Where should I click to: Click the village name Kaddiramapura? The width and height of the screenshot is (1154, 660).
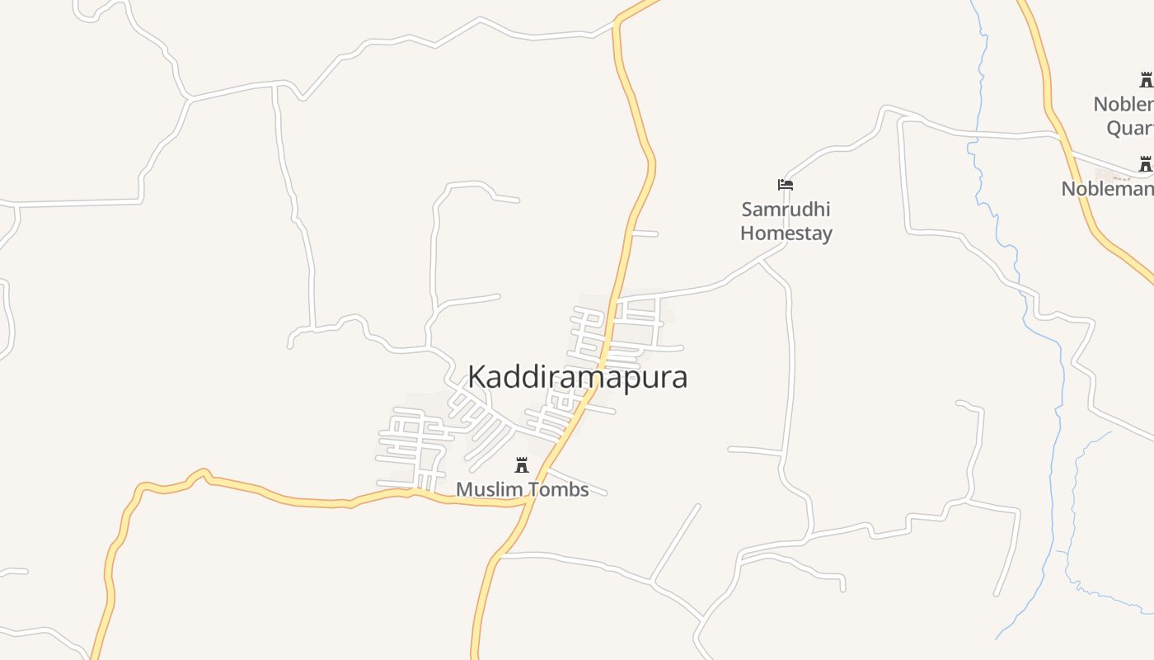click(x=577, y=377)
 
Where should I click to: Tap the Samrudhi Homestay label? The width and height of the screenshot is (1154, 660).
click(x=786, y=221)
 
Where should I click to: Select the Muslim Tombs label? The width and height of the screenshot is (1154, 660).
click(x=522, y=489)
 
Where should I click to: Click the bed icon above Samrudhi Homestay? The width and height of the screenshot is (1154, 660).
click(x=786, y=184)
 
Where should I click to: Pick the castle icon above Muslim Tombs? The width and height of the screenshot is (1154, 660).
click(x=522, y=465)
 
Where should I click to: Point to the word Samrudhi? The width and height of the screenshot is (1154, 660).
click(x=786, y=209)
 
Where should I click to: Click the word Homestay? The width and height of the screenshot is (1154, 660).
click(x=786, y=233)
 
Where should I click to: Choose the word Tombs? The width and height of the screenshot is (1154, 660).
click(x=557, y=489)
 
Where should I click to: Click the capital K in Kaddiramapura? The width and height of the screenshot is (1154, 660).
click(x=476, y=377)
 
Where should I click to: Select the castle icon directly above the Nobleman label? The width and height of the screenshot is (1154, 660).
click(x=1145, y=164)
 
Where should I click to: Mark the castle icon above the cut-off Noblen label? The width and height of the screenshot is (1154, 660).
click(x=1146, y=80)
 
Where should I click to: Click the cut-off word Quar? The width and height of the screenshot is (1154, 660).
click(x=1129, y=128)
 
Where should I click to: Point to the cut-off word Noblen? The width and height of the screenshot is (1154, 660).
click(x=1123, y=104)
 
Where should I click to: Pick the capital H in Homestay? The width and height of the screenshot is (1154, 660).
click(x=747, y=233)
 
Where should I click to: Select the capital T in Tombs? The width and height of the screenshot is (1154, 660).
click(x=532, y=489)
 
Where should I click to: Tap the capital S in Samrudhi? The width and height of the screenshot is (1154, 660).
click(x=748, y=209)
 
